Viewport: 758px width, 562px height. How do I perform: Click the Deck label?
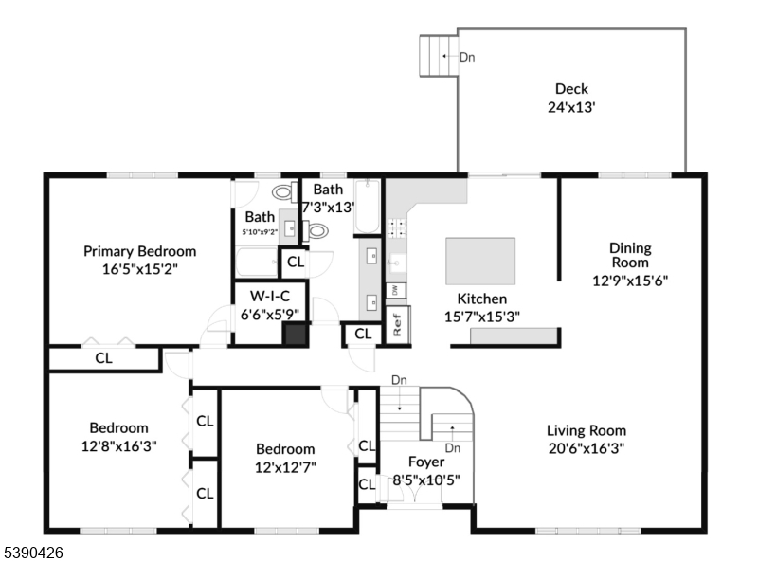571,89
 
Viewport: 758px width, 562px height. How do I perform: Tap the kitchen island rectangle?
480,261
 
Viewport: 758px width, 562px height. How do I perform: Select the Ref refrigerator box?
398,325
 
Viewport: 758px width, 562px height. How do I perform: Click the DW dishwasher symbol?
395,290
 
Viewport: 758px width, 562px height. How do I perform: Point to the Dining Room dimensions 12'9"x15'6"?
630,281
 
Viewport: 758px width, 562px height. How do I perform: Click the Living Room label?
587,430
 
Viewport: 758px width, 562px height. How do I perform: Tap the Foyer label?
426,462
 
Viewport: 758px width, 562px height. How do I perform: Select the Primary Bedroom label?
139,251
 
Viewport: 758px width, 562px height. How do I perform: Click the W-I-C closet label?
270,296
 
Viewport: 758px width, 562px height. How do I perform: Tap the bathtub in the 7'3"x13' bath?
367,207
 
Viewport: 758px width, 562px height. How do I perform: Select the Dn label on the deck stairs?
467,57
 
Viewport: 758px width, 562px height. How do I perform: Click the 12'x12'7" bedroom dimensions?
285,467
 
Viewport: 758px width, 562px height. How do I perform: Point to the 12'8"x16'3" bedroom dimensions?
119,446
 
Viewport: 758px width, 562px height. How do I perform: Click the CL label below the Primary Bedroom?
104,358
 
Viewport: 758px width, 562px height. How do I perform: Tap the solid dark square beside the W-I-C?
295,335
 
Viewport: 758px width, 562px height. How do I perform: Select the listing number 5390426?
33,553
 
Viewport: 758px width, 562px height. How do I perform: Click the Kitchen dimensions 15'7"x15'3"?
482,317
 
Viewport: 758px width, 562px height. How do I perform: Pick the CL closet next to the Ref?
363,334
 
